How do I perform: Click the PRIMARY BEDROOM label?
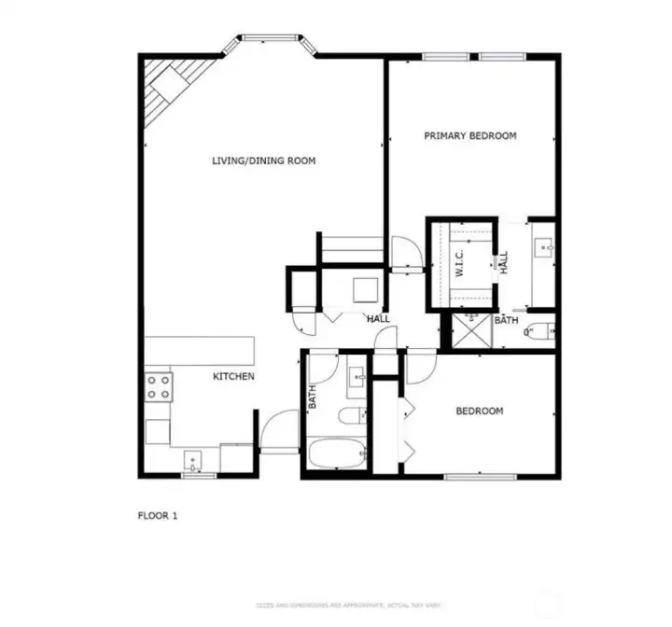tap(469, 136)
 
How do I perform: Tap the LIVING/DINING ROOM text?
tap(263, 161)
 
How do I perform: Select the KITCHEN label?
tap(233, 377)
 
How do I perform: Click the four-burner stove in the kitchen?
tap(158, 386)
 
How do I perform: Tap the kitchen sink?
tap(193, 460)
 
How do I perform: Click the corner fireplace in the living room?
tap(168, 88)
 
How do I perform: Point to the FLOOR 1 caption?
tap(157, 515)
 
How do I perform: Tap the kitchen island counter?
tap(198, 351)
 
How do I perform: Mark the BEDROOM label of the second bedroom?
tap(479, 411)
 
